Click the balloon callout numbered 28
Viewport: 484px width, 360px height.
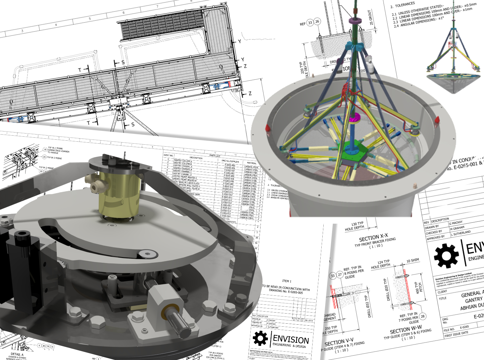tap(423, 316)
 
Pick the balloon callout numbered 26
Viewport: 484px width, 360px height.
tap(317, 22)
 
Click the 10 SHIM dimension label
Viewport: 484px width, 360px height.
tap(413, 260)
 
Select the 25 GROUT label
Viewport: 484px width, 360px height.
tap(371, 17)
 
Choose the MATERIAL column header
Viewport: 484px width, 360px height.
tap(252, 163)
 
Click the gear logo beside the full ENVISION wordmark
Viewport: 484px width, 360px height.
tap(260, 338)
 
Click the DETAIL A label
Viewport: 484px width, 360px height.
tap(17, 354)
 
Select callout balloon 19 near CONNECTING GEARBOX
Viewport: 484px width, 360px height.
tap(45, 150)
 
